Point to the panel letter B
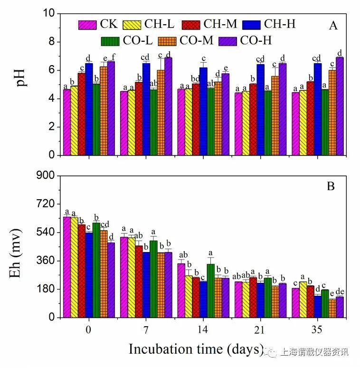tap(331, 186)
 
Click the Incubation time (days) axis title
tap(196, 349)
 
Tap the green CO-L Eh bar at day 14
tap(210, 291)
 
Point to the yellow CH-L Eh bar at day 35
tap(303, 300)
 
